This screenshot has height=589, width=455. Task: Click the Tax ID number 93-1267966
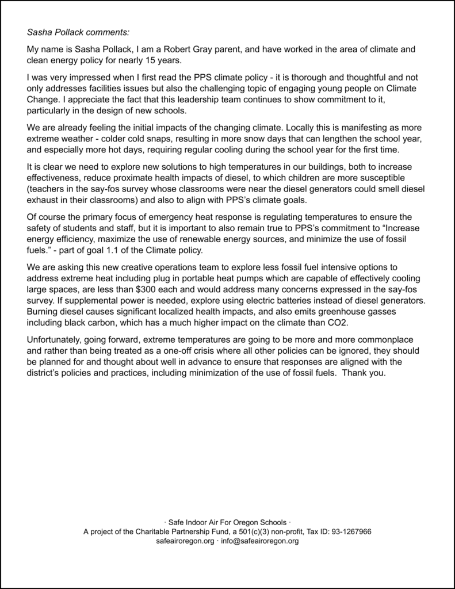tap(346, 531)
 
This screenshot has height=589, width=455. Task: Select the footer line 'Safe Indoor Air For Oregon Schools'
tap(227, 522)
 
